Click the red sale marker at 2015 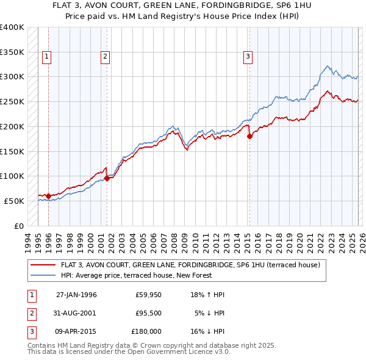pos(249,136)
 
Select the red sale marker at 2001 pos(107,178)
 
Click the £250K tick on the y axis pos(12,102)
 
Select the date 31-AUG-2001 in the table pos(76,313)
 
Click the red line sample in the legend pos(44,265)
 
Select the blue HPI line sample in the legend pos(44,275)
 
